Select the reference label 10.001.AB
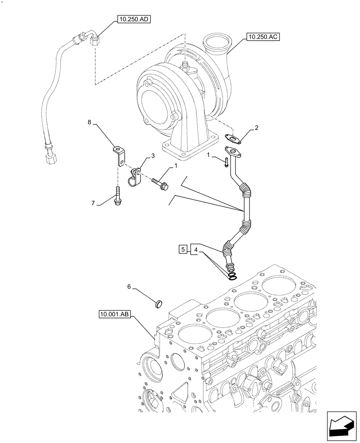coord(115,315)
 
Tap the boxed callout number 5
coord(183,250)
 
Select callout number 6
coord(129,287)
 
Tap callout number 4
coord(195,250)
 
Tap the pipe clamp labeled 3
coord(135,177)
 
